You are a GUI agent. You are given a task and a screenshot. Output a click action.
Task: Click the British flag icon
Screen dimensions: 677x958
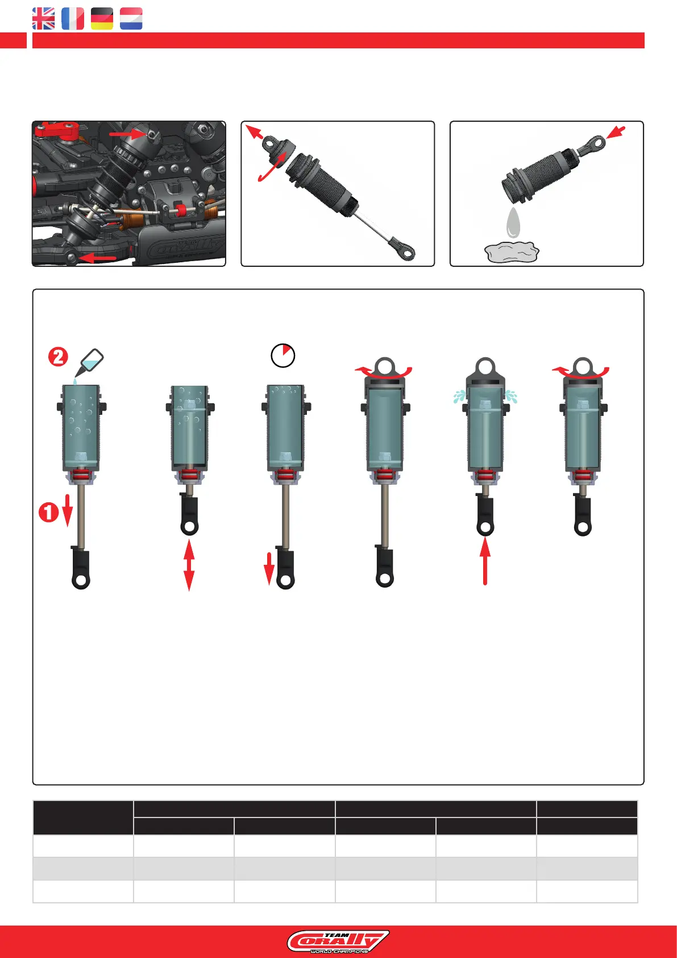(x=43, y=19)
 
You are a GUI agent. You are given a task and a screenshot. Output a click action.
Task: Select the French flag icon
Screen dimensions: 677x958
(x=73, y=19)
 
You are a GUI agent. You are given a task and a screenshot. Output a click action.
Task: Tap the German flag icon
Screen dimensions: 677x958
(x=102, y=19)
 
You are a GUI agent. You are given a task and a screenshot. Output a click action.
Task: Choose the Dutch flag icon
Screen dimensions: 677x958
(x=131, y=19)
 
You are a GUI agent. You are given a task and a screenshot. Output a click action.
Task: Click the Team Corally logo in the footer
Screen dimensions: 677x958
(x=338, y=942)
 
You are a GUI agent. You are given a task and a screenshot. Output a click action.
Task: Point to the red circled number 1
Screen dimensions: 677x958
(x=49, y=512)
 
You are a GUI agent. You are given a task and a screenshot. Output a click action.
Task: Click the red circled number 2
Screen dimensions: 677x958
(x=58, y=357)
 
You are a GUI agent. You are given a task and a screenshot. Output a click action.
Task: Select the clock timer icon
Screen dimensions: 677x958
(x=283, y=355)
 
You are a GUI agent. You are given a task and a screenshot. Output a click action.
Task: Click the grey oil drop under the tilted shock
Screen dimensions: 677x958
(x=513, y=223)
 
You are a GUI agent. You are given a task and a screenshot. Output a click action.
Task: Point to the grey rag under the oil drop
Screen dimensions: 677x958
(x=512, y=252)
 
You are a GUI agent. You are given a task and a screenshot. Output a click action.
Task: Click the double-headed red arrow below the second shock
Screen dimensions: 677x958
(x=189, y=565)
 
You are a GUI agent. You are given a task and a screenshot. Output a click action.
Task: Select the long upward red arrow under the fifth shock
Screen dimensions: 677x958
(x=485, y=561)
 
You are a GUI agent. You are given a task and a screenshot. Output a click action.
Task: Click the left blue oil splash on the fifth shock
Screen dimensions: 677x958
(x=459, y=397)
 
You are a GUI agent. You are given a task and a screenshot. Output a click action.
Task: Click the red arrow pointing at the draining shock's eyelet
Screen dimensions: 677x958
(x=616, y=132)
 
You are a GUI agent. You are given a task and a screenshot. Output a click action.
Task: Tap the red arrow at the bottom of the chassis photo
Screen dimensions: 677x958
(x=98, y=258)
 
